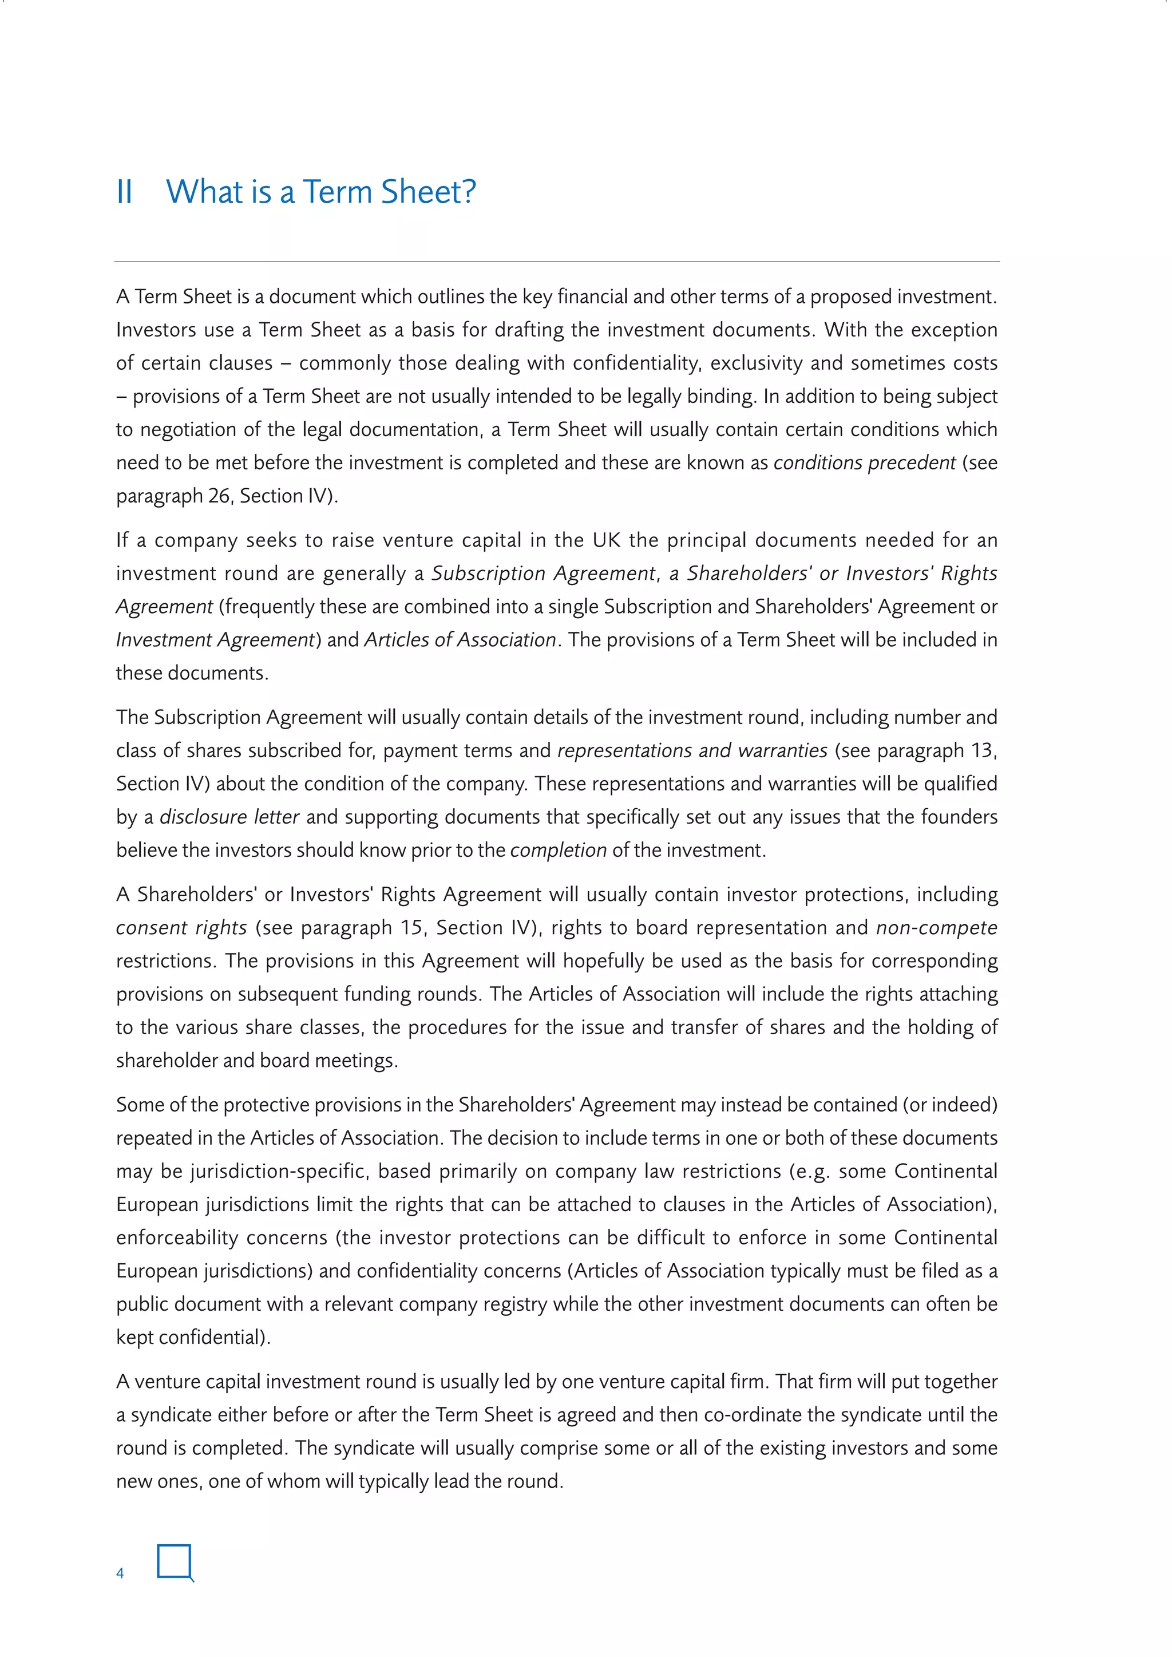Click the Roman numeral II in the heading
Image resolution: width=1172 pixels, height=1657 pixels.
pyautogui.click(x=124, y=192)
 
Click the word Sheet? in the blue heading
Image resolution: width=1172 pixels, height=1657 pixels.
pyautogui.click(x=428, y=192)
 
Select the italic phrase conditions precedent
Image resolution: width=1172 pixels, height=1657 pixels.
pyautogui.click(x=864, y=462)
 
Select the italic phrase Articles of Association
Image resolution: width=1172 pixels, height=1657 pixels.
pyautogui.click(x=460, y=639)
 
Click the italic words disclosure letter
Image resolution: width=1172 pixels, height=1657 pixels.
pyautogui.click(x=229, y=817)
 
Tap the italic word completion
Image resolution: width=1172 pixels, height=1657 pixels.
pyautogui.click(x=558, y=850)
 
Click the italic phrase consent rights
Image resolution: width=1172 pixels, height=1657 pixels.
pyautogui.click(x=181, y=927)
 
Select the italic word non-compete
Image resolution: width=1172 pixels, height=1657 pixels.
pyautogui.click(x=936, y=927)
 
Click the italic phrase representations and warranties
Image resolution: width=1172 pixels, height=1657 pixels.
pyautogui.click(x=692, y=750)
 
